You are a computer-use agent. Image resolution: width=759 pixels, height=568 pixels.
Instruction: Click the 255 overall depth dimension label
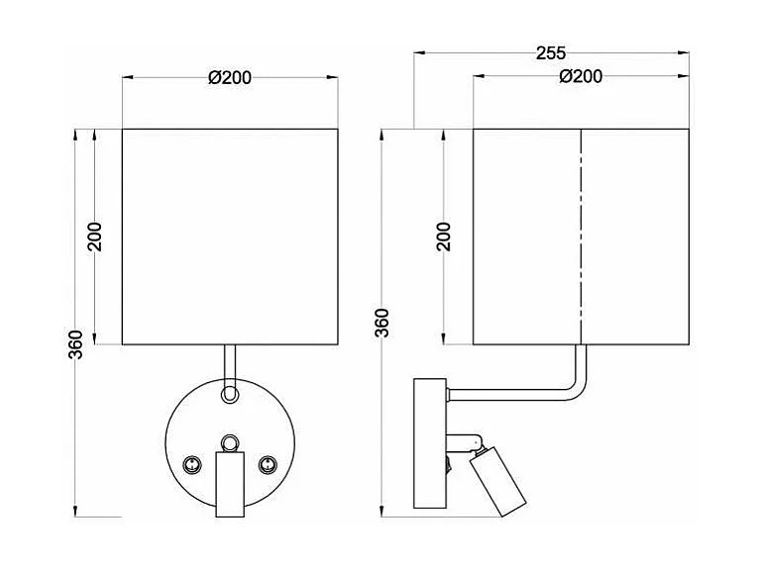click(551, 54)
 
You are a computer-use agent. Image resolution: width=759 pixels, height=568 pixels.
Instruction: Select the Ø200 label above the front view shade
click(230, 79)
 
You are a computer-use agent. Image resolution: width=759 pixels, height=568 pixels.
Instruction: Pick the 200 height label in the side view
click(445, 236)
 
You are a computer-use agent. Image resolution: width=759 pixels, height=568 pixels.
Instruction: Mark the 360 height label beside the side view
click(383, 323)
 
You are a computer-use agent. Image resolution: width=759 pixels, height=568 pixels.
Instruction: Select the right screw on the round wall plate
click(266, 463)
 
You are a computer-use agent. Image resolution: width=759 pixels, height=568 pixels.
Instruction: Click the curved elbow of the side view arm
click(574, 383)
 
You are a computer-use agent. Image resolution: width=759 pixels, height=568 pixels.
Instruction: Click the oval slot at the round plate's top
click(230, 393)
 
